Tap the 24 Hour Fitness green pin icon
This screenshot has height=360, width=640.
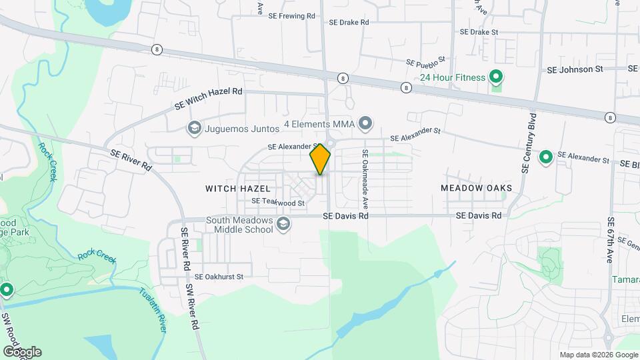pos(495,77)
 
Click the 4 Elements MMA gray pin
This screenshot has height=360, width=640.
pos(365,123)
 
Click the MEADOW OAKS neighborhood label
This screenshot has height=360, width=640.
pos(476,188)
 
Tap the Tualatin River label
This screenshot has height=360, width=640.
pos(153,310)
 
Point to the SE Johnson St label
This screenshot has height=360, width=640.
pos(574,69)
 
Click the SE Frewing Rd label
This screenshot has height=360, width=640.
pos(292,16)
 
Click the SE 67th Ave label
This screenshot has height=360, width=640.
pos(610,240)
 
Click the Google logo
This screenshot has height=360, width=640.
pos(22,351)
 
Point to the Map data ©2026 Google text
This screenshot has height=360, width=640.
pos(599,355)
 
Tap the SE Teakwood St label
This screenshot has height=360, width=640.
pos(277,201)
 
